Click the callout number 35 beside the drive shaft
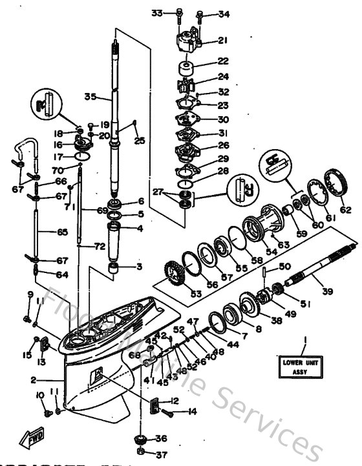pos(90,97)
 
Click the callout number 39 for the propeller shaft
pos(328,292)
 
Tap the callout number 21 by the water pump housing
pos(222,40)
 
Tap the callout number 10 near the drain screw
pos(40,395)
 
